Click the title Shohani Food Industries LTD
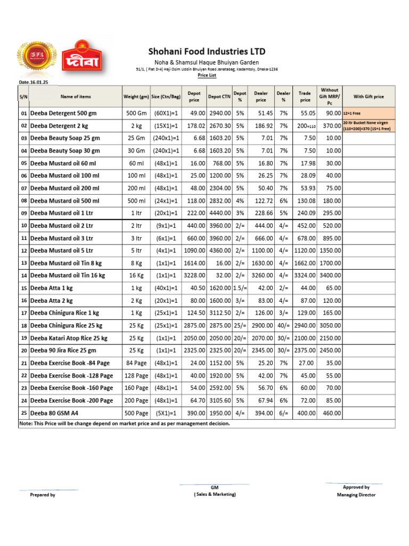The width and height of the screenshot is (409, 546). click(206, 52)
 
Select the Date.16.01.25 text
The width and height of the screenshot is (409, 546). click(34, 82)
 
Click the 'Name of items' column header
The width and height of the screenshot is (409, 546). click(76, 97)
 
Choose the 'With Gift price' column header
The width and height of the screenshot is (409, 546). click(369, 97)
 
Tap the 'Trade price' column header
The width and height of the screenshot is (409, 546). click(305, 97)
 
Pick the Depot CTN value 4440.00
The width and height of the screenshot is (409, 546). click(219, 213)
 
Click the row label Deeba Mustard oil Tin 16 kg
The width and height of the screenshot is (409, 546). click(68, 276)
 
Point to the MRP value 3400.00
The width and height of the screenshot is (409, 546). click(330, 276)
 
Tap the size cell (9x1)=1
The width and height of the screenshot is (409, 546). click(166, 226)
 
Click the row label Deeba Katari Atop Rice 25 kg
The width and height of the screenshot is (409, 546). click(69, 338)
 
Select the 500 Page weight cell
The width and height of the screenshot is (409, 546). click(136, 413)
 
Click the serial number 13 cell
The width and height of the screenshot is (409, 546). click(23, 263)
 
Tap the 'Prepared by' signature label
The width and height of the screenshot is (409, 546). click(43, 495)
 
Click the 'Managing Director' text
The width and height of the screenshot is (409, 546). click(356, 495)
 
